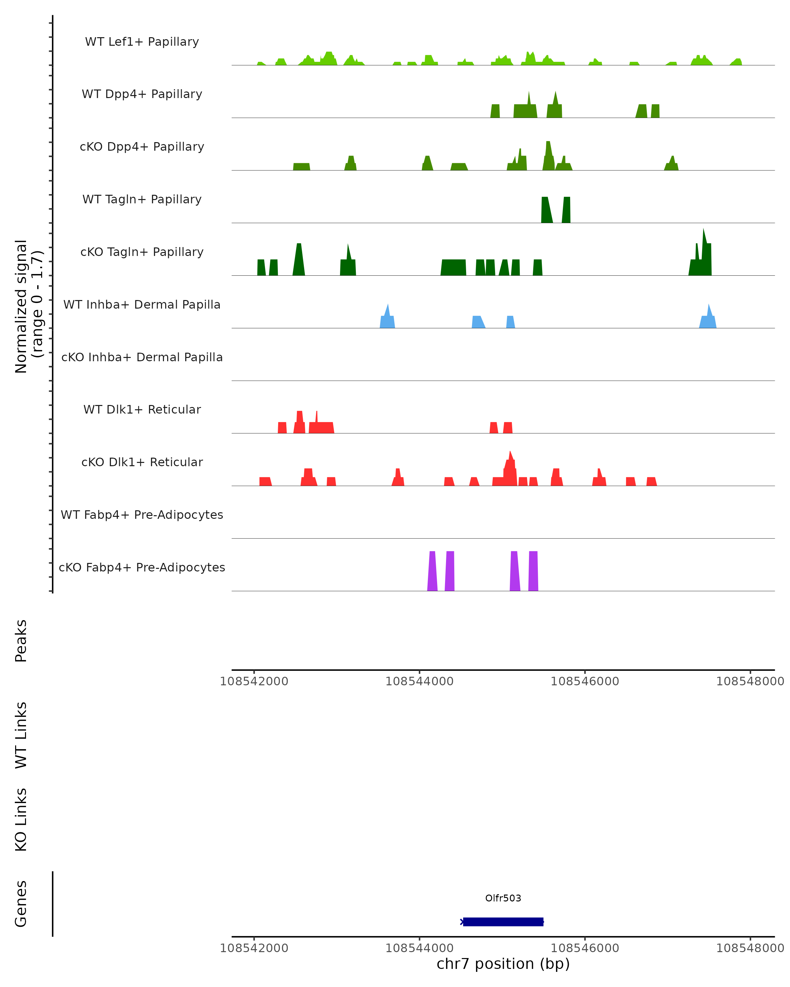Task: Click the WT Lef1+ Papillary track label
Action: (142, 42)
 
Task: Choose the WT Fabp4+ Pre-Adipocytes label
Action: (142, 515)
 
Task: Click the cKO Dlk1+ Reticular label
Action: (142, 462)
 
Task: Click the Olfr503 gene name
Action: (503, 898)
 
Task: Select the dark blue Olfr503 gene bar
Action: (503, 922)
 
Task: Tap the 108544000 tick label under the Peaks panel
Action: (419, 681)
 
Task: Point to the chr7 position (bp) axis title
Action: (503, 964)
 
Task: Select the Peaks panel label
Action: (21, 641)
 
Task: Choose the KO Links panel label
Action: (21, 820)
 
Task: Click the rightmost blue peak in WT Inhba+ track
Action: (708, 318)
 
